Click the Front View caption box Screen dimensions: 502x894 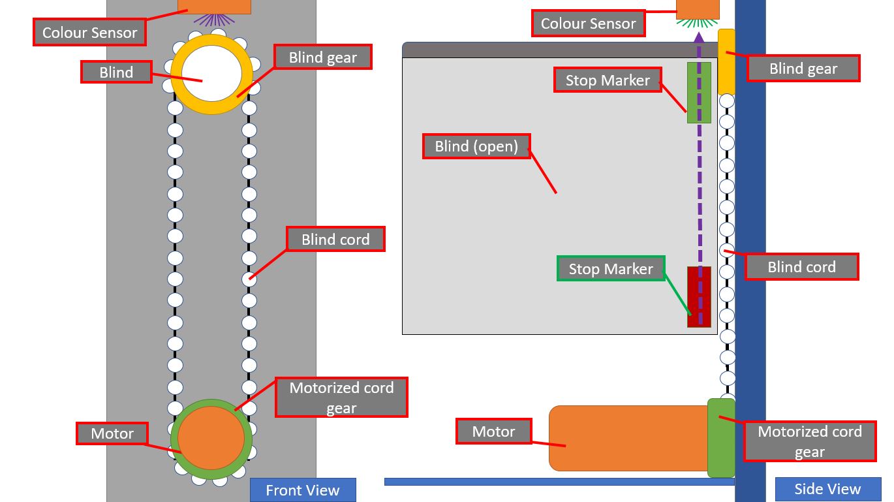pos(303,490)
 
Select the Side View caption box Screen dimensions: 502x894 pos(827,489)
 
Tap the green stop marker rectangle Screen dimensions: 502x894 pos(699,93)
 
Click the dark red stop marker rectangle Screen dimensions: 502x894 pos(699,296)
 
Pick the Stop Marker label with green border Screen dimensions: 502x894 pos(611,269)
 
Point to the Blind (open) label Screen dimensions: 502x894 pos(476,146)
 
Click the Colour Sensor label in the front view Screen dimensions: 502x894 pos(89,32)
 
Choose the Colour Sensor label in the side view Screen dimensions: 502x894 pos(588,24)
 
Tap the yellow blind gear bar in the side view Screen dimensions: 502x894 pos(726,61)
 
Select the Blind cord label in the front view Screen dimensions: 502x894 pos(335,239)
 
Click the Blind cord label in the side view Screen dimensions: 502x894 pos(801,266)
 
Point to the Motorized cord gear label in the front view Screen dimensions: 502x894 pos(341,397)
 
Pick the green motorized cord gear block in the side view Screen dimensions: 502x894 pos(721,437)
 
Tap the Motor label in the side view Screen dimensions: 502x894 pos(493,431)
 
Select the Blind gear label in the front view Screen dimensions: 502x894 pos(323,57)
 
